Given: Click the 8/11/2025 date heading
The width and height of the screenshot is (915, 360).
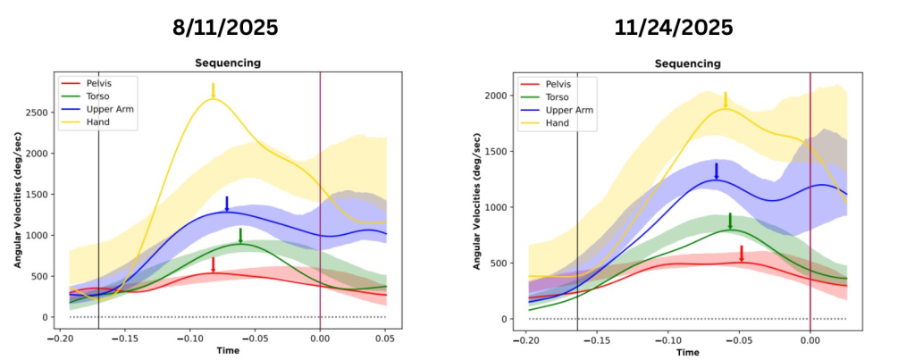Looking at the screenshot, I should [x=225, y=28].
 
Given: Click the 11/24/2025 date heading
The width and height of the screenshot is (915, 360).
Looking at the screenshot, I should [x=674, y=28].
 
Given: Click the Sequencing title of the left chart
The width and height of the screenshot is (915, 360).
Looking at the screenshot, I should [x=228, y=63].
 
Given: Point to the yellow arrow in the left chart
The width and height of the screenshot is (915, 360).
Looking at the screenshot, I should [x=214, y=91].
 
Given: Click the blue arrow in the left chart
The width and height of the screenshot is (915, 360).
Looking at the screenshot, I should [x=227, y=204].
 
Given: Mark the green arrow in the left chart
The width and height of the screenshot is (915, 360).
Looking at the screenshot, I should [x=240, y=236].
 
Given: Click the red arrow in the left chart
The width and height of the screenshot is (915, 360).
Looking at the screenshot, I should [x=214, y=264].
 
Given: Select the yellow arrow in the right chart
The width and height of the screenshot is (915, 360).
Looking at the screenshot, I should [x=726, y=100].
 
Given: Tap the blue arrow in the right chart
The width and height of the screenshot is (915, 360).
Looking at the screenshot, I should [x=717, y=172].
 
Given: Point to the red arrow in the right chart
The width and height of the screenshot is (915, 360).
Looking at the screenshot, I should [x=742, y=254].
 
